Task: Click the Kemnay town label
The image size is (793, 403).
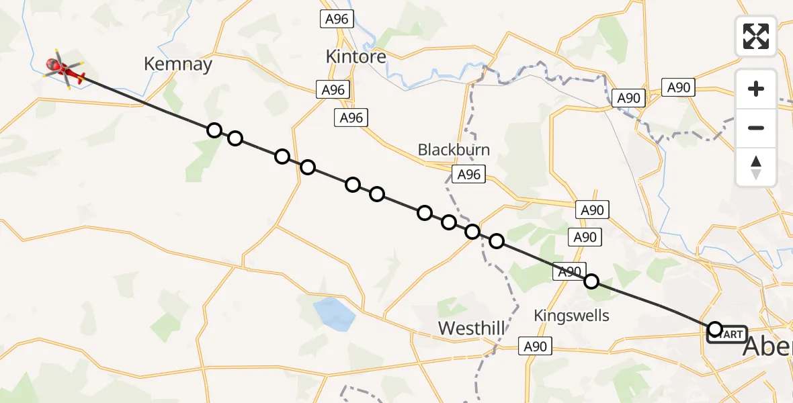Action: click(x=178, y=64)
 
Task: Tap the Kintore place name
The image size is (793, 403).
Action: click(x=356, y=56)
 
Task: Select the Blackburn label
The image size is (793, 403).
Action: click(x=454, y=149)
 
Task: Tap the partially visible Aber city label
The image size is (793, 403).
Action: click(x=767, y=347)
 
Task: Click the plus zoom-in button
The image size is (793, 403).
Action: click(x=756, y=89)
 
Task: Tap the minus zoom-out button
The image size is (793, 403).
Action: click(x=756, y=128)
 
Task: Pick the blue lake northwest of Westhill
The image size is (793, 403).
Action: click(x=334, y=312)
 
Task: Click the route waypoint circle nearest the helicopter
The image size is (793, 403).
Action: click(x=214, y=130)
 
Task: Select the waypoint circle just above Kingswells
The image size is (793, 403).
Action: click(x=591, y=281)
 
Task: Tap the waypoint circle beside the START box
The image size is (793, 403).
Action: click(x=715, y=328)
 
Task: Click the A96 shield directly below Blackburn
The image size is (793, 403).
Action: click(x=468, y=175)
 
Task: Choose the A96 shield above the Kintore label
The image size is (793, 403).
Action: click(x=336, y=19)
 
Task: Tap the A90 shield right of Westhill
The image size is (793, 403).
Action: click(x=535, y=347)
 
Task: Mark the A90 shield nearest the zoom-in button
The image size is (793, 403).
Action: click(x=679, y=87)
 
